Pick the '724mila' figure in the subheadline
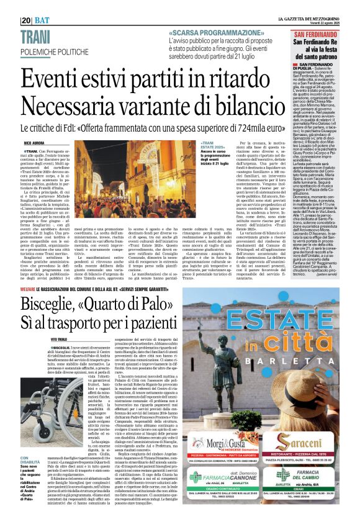pos(241,127)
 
